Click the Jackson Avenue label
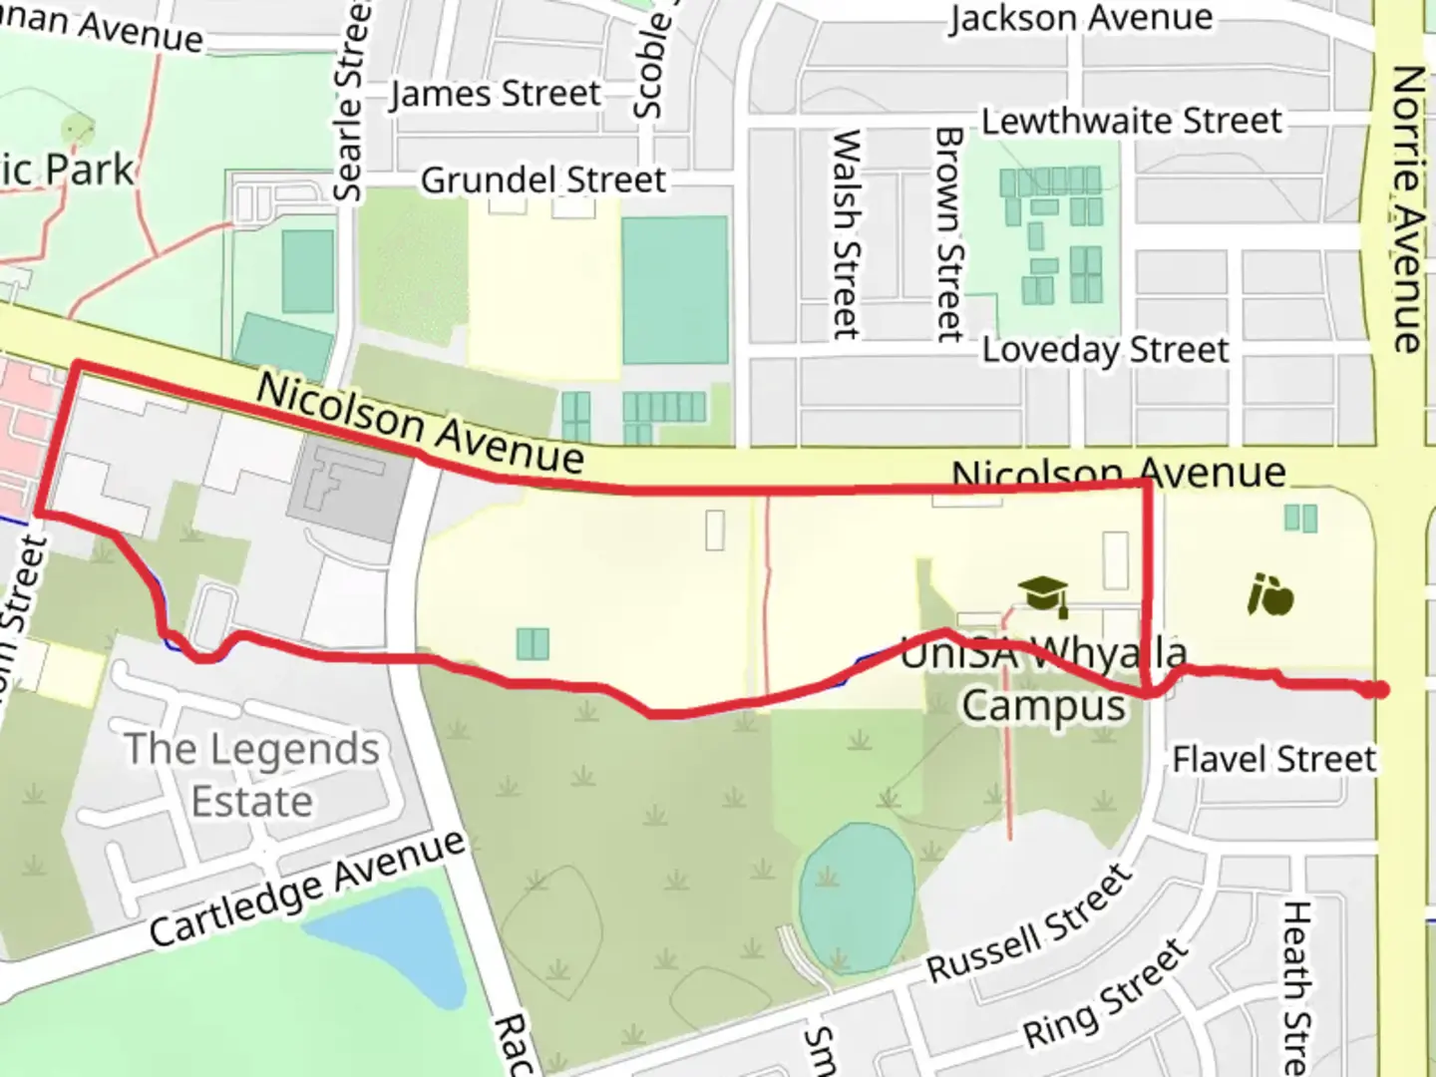[x=1080, y=18]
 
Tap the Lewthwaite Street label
[x=1131, y=121]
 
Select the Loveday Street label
[x=1105, y=350]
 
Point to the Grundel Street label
[x=542, y=180]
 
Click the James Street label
[x=496, y=94]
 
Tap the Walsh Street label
[x=846, y=234]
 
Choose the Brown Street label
[x=948, y=234]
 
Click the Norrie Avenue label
[x=1406, y=209]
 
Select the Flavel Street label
[x=1273, y=760]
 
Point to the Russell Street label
[x=1031, y=923]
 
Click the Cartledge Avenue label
[x=307, y=888]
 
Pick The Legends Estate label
[x=251, y=775]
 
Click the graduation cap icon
[x=1043, y=595]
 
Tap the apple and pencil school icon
[x=1270, y=595]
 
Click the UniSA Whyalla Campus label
[x=1043, y=679]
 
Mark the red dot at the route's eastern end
[x=1378, y=689]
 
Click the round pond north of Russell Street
[x=857, y=897]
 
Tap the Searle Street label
[x=350, y=100]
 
